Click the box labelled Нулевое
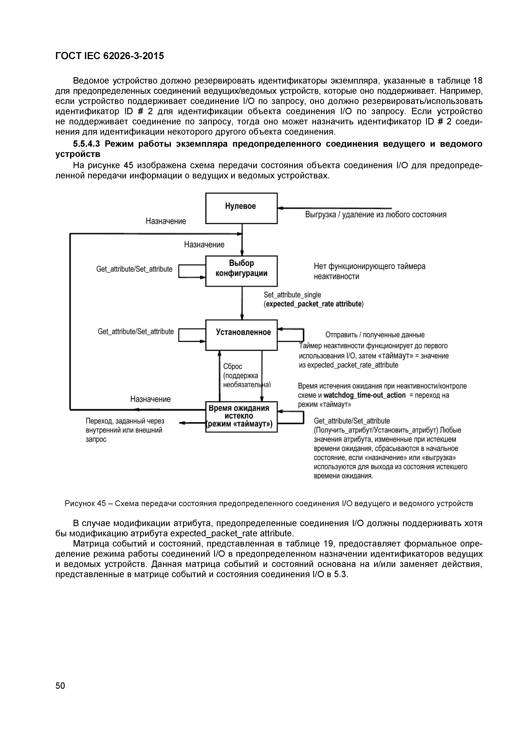(x=241, y=208)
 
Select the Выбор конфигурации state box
(x=241, y=271)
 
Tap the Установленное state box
(x=241, y=335)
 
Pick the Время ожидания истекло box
(x=241, y=417)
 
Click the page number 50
(x=60, y=686)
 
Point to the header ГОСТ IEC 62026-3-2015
(x=110, y=56)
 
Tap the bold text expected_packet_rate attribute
(x=314, y=304)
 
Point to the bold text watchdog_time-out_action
(x=365, y=395)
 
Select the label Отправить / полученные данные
(x=375, y=335)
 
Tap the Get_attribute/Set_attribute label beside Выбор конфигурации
(x=134, y=269)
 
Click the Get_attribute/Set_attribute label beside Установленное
(x=136, y=331)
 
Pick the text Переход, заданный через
(x=125, y=421)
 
